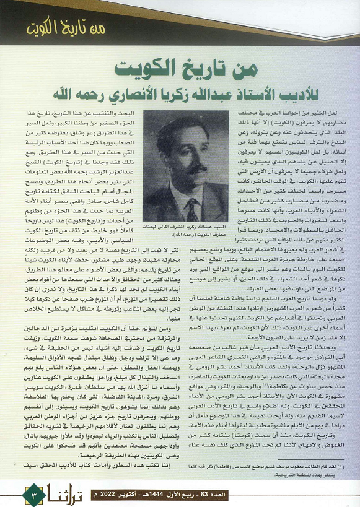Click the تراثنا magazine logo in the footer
pos(71,494)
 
